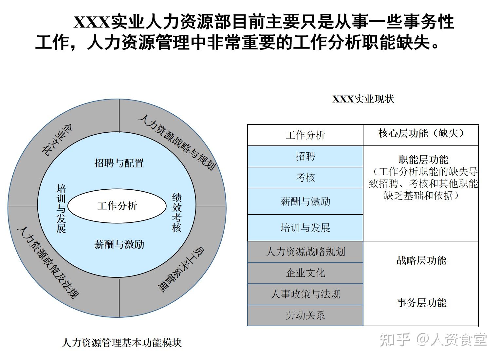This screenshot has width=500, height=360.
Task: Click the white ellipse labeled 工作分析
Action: pos(117,206)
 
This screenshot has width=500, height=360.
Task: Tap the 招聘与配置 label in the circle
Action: pos(119,163)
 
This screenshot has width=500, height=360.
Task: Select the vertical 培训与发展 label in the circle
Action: pos(61,209)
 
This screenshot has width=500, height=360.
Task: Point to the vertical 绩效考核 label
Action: pos(176,213)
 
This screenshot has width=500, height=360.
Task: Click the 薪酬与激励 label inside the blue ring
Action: pos(119,245)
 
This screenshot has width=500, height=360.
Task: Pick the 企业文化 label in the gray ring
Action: pos(57,140)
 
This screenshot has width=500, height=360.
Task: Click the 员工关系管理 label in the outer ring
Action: pos(181,269)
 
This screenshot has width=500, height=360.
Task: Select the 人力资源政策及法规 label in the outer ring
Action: pos(48,263)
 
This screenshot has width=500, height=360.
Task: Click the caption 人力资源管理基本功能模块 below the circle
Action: pos(122,343)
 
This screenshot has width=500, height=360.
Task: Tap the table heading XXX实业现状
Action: pos(363,99)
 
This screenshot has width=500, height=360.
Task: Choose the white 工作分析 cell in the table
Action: pos(306,135)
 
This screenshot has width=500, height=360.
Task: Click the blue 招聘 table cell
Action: pos(306,156)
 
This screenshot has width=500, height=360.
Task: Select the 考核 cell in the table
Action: pos(306,178)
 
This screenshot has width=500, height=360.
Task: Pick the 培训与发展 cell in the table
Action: pos(306,228)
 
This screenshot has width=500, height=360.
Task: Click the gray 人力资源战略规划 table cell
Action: pos(306,252)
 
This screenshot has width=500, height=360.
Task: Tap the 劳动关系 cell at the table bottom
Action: pos(306,315)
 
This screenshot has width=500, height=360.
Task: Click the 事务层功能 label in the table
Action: pos(421,303)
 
